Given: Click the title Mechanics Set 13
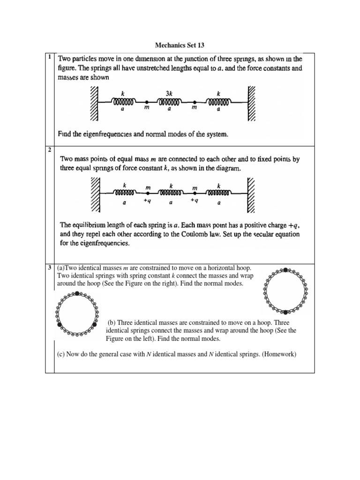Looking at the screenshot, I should pyautogui.click(x=180, y=45).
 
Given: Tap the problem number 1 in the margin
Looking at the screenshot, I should pyautogui.click(x=49, y=57).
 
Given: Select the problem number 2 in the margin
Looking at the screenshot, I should pyautogui.click(x=49, y=150).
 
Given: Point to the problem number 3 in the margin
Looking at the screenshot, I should pyautogui.click(x=49, y=268).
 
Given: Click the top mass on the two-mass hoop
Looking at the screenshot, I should pyautogui.click(x=285, y=270).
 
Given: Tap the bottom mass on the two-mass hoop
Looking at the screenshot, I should pyautogui.click(x=285, y=312).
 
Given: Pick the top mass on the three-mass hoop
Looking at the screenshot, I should pyautogui.click(x=77, y=293).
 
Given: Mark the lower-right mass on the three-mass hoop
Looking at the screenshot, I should pyautogui.click(x=95, y=324).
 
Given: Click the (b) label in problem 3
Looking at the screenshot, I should pyautogui.click(x=112, y=323).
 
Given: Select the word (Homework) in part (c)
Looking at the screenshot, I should pyautogui.click(x=279, y=354).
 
